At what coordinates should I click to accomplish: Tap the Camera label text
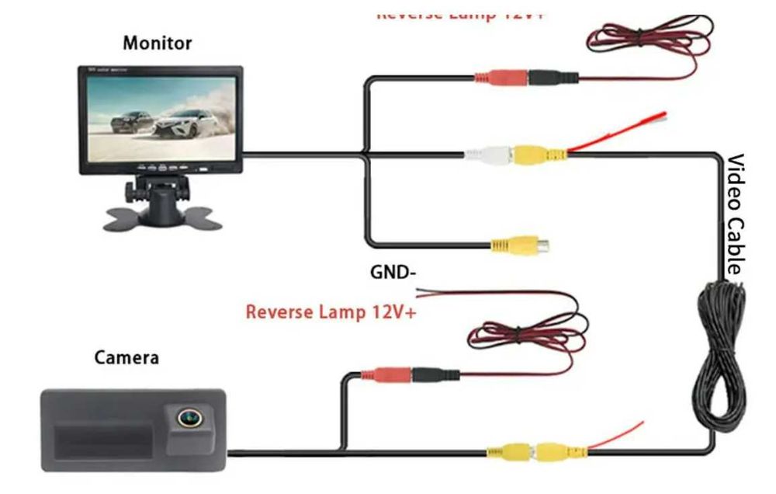(126, 358)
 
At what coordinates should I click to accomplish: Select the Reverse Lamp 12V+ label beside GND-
(331, 312)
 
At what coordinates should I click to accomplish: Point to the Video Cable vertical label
(735, 214)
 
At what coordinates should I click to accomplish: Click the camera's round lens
(186, 419)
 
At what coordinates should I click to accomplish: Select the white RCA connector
(487, 155)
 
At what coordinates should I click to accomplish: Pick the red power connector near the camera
(392, 374)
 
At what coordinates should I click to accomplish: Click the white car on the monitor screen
(185, 124)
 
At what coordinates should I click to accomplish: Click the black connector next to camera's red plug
(435, 374)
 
